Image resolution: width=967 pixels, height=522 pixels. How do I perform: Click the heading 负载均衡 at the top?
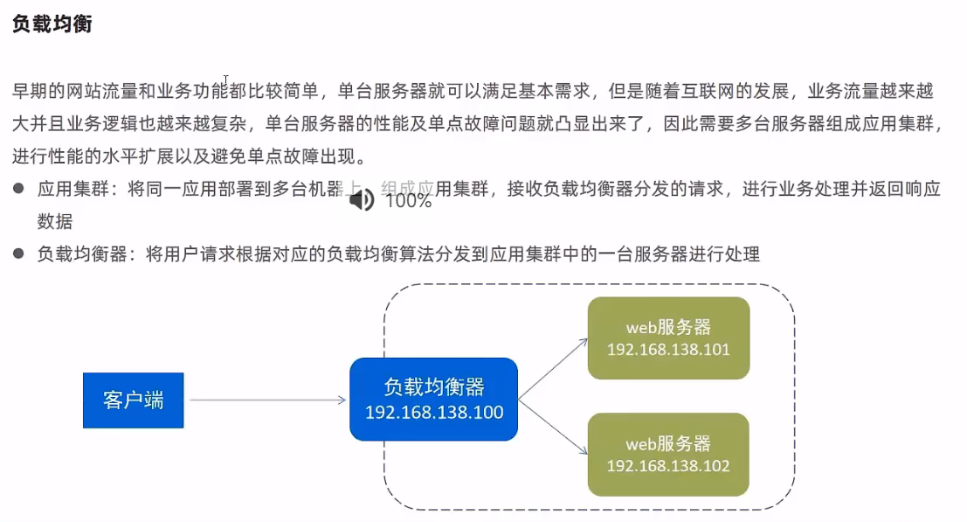tap(52, 24)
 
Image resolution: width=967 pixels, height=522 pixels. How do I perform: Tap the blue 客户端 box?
tap(133, 400)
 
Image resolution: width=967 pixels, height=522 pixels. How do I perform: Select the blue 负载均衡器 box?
tap(434, 398)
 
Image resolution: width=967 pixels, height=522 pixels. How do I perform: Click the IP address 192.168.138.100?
tap(434, 412)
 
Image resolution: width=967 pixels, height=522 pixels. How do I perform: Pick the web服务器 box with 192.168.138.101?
tap(668, 338)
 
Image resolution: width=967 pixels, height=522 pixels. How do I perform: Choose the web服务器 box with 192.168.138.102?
tap(668, 454)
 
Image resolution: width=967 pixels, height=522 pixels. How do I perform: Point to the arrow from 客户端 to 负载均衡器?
tap(267, 400)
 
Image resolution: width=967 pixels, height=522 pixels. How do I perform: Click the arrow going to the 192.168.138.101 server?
tap(554, 368)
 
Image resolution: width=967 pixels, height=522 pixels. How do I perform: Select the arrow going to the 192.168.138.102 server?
tap(554, 428)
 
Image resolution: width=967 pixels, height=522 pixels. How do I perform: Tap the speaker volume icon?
tap(361, 200)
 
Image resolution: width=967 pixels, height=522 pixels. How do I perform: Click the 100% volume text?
tap(408, 200)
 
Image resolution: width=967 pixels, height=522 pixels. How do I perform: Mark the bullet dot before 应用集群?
tap(18, 190)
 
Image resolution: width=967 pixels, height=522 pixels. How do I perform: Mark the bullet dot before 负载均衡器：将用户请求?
tap(18, 254)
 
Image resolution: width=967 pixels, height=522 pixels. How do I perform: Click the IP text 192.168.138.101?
tap(668, 350)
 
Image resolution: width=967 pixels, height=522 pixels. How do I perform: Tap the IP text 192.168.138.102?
tap(668, 466)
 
